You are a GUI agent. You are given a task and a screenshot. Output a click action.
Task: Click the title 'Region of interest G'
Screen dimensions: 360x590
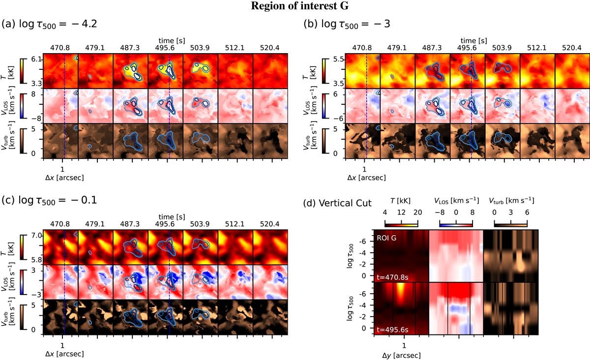tap(295, 6)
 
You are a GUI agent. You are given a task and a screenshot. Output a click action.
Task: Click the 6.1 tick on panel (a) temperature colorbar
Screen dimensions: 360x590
tap(36, 59)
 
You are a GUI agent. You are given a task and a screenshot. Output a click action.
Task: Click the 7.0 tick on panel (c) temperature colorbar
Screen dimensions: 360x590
tap(36, 236)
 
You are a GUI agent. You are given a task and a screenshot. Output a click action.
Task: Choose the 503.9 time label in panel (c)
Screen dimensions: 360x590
tap(200, 225)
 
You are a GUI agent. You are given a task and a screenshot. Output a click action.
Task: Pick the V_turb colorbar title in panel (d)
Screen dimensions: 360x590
tap(511, 201)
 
